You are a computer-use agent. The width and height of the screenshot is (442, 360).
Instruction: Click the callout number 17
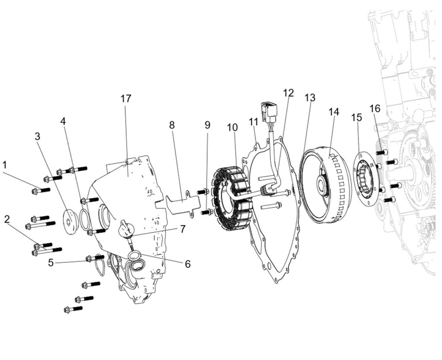[x=126, y=98]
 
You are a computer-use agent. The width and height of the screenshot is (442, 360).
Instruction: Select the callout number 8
[x=172, y=125]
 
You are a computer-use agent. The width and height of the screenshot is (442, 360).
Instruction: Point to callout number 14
[x=333, y=112]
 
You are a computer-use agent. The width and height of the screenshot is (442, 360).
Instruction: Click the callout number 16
[x=375, y=107]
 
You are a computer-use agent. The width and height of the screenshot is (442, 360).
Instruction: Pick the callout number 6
[x=187, y=264]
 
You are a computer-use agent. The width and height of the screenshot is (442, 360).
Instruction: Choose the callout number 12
[x=288, y=93]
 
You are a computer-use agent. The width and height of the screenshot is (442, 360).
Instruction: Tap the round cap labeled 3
[x=69, y=222]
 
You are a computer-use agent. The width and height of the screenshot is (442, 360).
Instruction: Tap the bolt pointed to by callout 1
[x=41, y=190]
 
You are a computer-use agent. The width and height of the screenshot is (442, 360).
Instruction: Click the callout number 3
[x=38, y=136]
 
